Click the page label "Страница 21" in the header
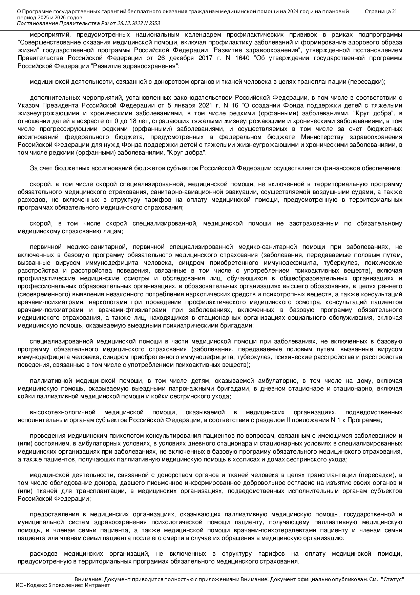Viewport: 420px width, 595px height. tap(381, 12)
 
